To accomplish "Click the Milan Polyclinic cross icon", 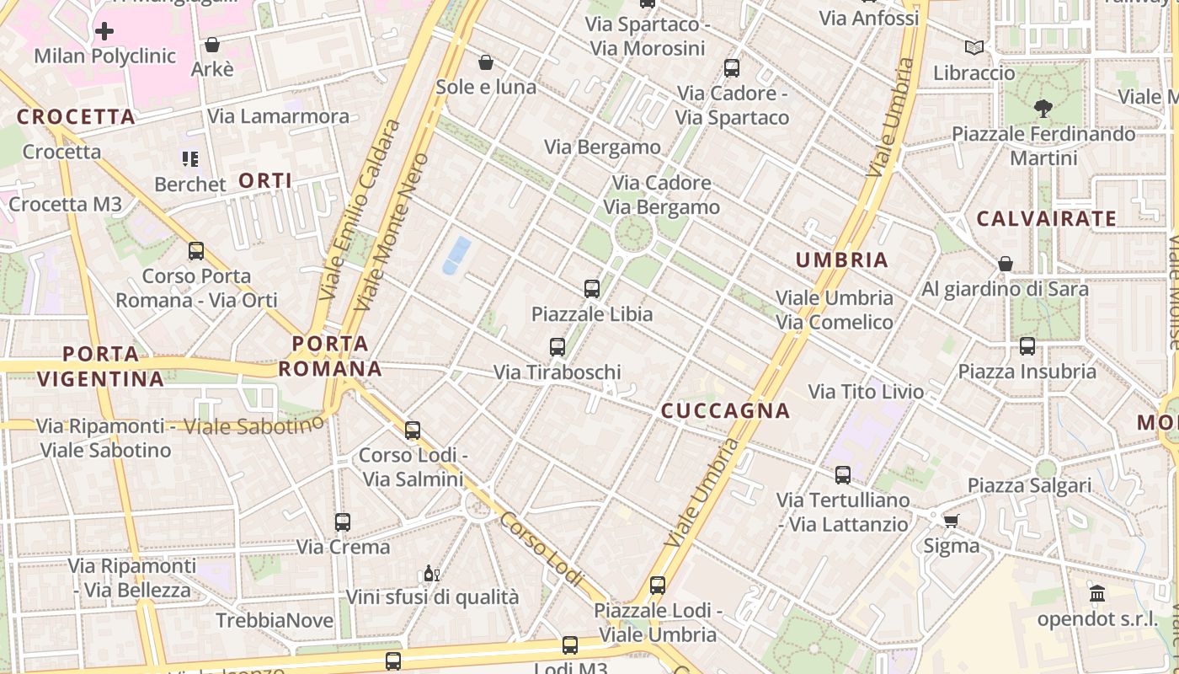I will click(x=104, y=32).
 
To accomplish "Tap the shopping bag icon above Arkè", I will click(x=212, y=45).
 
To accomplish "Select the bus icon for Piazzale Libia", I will click(x=592, y=289).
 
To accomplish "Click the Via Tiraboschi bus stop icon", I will click(x=557, y=347).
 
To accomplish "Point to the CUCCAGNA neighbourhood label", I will click(x=725, y=410).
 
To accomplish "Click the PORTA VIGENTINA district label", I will click(x=100, y=366).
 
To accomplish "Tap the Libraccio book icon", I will click(x=974, y=48).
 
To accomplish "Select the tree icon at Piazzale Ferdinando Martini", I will click(x=1043, y=109).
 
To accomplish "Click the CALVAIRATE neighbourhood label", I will click(x=1046, y=219).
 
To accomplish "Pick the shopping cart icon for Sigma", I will click(x=952, y=521).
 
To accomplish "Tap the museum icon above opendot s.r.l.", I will click(x=1097, y=594).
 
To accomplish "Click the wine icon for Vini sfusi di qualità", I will click(x=431, y=574).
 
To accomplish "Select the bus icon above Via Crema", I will click(x=342, y=522).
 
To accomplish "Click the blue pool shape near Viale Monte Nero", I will click(x=456, y=255).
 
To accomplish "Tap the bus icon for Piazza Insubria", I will click(x=1027, y=346).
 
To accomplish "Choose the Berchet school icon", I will click(x=190, y=159).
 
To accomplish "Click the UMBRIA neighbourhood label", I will click(x=842, y=260).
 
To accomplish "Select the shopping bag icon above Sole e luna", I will click(x=486, y=62).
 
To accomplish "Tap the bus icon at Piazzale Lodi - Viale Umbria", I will click(x=658, y=586).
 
